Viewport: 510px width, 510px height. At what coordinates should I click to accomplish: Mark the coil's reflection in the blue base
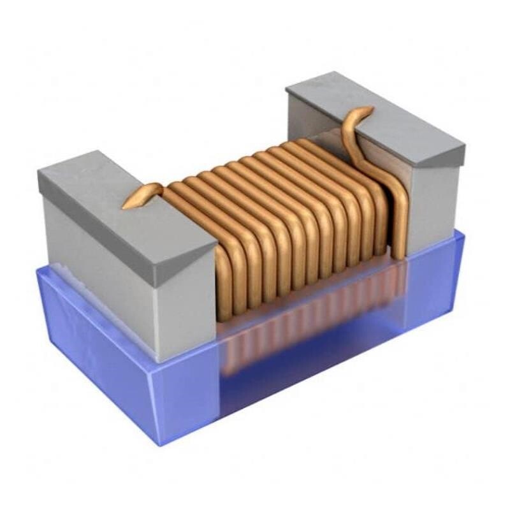[x=306, y=331]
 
